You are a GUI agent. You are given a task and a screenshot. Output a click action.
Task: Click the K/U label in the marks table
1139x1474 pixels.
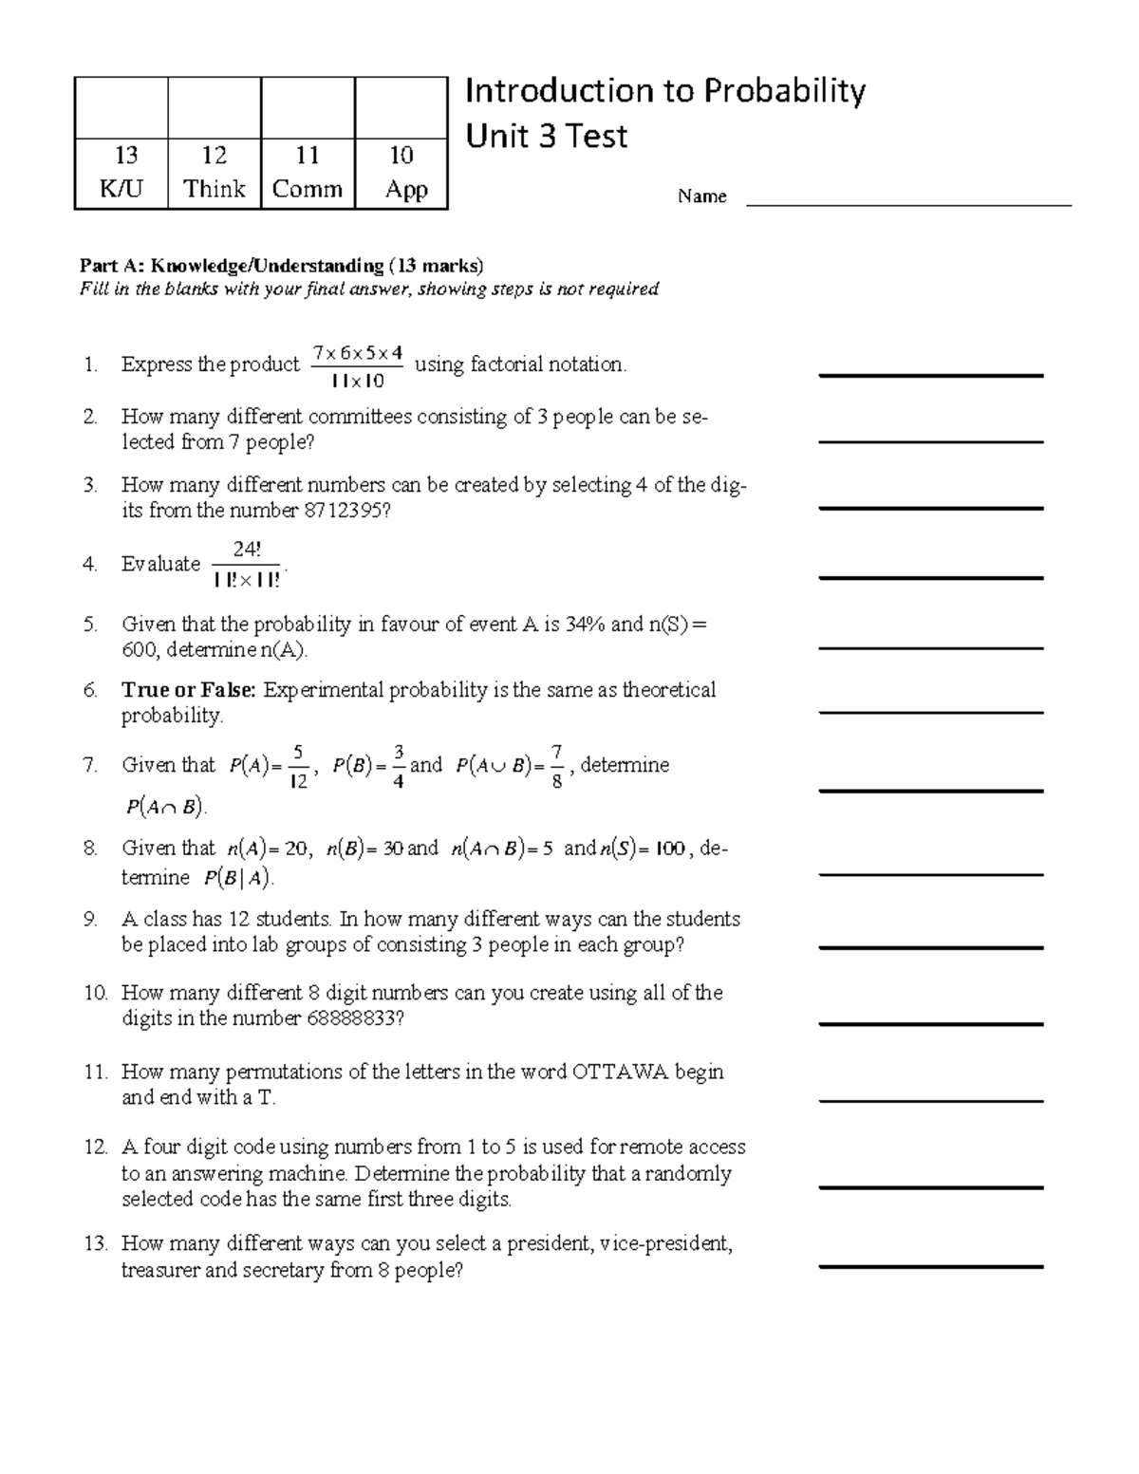[x=121, y=189]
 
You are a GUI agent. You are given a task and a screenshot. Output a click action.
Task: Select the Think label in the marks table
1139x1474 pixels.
[x=215, y=189]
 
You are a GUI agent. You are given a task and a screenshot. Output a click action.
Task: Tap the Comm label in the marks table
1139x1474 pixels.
[x=307, y=189]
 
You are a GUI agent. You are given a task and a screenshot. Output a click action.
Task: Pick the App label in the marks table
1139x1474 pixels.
[x=405, y=189]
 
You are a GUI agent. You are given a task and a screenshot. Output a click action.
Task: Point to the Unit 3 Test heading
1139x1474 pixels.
[x=546, y=137]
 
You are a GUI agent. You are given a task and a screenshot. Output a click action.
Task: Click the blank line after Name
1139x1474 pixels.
[x=908, y=203]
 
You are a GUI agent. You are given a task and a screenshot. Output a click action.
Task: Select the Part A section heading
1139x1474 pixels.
[x=281, y=265]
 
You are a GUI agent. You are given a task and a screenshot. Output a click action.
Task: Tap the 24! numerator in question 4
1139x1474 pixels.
[x=246, y=550]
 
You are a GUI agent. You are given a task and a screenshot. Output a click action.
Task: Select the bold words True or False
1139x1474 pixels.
[x=188, y=690]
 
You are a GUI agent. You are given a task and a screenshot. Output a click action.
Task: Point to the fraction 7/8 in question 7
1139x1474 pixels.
[x=557, y=766]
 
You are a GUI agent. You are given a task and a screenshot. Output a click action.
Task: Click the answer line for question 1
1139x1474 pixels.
[x=930, y=375]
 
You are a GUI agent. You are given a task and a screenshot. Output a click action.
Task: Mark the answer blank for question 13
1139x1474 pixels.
[x=930, y=1266]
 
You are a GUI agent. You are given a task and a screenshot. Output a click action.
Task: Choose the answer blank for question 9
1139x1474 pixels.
[x=930, y=947]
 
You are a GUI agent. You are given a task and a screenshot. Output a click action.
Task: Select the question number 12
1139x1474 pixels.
[x=95, y=1147]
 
